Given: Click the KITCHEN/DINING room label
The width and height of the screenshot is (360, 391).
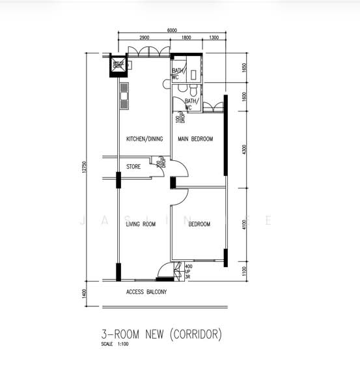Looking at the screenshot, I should (144, 139).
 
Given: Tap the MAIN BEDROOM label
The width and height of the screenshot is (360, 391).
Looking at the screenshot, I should (195, 139).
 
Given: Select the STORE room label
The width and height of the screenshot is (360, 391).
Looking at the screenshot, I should (133, 167).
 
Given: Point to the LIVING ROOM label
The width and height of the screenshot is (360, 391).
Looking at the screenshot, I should (141, 224).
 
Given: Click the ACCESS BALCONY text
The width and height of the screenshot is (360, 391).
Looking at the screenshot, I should (146, 292).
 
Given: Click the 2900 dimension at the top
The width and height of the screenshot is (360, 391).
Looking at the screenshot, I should (145, 38).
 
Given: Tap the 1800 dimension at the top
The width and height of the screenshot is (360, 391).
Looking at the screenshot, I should (187, 38).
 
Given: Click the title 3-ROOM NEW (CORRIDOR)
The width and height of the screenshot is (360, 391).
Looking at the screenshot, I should (161, 334).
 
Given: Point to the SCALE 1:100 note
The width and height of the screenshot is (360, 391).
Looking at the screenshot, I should (115, 344).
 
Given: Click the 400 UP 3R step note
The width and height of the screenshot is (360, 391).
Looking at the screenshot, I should (188, 271).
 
